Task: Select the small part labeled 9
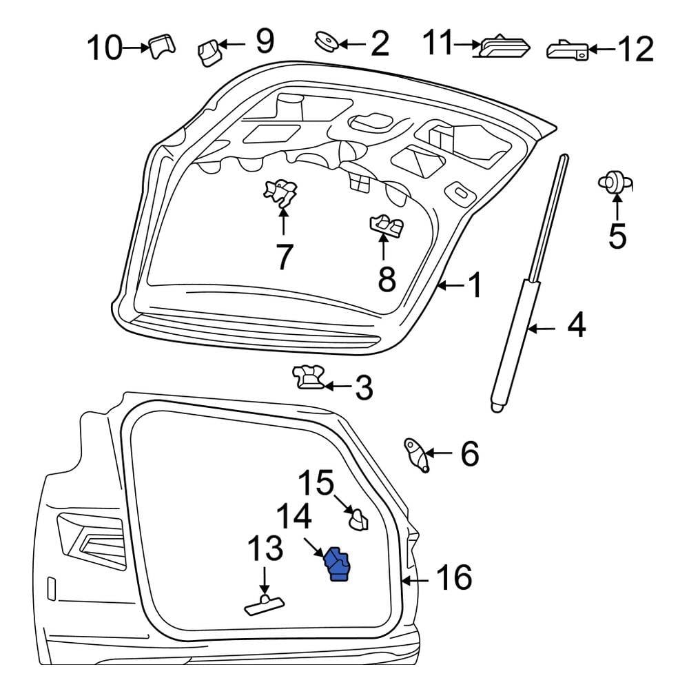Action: click(209, 52)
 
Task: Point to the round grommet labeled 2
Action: click(325, 42)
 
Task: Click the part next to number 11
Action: click(505, 45)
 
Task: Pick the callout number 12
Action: click(635, 49)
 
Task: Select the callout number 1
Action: click(475, 285)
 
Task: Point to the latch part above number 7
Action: click(280, 193)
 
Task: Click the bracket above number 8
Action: click(387, 224)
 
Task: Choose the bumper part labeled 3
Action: click(309, 378)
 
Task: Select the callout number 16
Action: click(453, 577)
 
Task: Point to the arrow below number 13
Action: click(264, 577)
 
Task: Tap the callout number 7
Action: click(283, 257)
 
